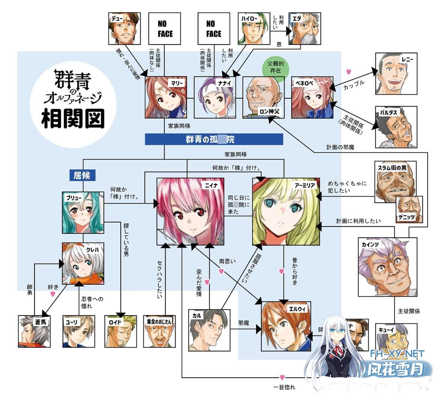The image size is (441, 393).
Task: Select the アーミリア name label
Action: [x=305, y=185]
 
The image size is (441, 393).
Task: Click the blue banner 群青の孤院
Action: [x=214, y=139]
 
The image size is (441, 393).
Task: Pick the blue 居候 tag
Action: [x=82, y=175]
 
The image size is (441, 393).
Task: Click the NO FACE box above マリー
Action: [x=165, y=28]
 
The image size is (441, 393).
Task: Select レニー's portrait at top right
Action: [x=396, y=73]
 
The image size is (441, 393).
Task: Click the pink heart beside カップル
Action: [x=349, y=72]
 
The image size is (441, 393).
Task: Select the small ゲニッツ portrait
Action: [x=409, y=208]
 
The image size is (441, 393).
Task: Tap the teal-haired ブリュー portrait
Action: [x=83, y=212]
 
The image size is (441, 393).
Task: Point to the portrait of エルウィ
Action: [x=286, y=326]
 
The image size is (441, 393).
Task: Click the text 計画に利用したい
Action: [x=358, y=221]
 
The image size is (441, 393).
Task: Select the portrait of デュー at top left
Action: [x=124, y=28]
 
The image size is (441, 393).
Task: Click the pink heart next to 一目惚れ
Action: [x=282, y=377]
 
